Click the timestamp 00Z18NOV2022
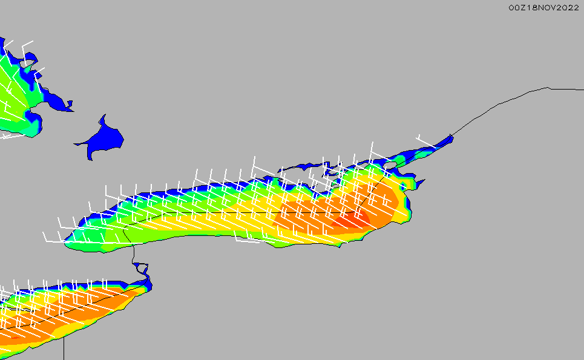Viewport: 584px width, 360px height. (x=544, y=8)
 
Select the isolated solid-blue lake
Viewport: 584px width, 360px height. (x=100, y=138)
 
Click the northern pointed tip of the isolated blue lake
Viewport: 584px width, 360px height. (x=105, y=115)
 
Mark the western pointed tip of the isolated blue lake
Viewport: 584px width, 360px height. (x=74, y=144)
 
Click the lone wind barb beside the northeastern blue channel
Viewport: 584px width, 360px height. (x=425, y=141)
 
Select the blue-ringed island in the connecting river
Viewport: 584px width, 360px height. (x=142, y=267)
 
